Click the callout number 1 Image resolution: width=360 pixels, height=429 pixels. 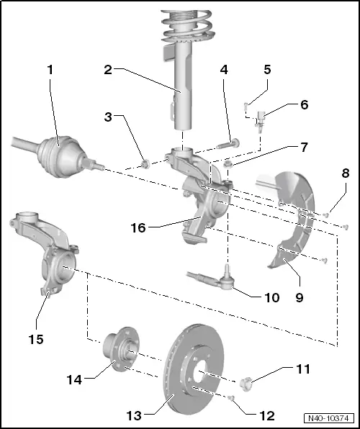point(50,71)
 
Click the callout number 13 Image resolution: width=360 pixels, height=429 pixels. point(266,71)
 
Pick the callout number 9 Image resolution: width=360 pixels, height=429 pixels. point(304,104)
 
